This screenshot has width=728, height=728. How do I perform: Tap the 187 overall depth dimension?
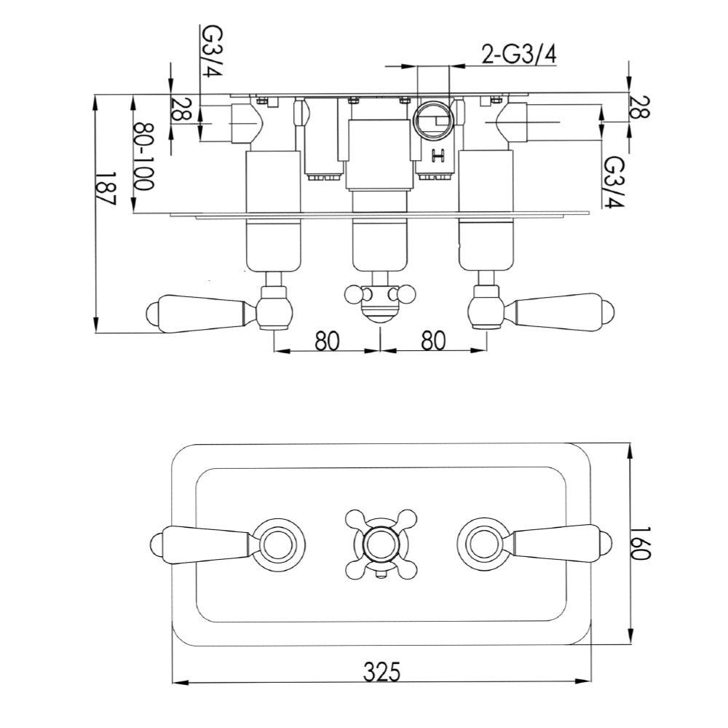coord(108,191)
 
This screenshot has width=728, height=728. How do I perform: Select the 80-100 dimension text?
coord(144,155)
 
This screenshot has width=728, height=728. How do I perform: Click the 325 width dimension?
coord(381,669)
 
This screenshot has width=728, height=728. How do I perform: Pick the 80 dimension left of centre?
coord(328,341)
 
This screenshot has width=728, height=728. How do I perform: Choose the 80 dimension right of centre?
coord(433,341)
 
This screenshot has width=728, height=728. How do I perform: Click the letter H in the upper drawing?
coord(438,154)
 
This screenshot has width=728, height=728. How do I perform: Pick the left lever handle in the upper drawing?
coord(200,311)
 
